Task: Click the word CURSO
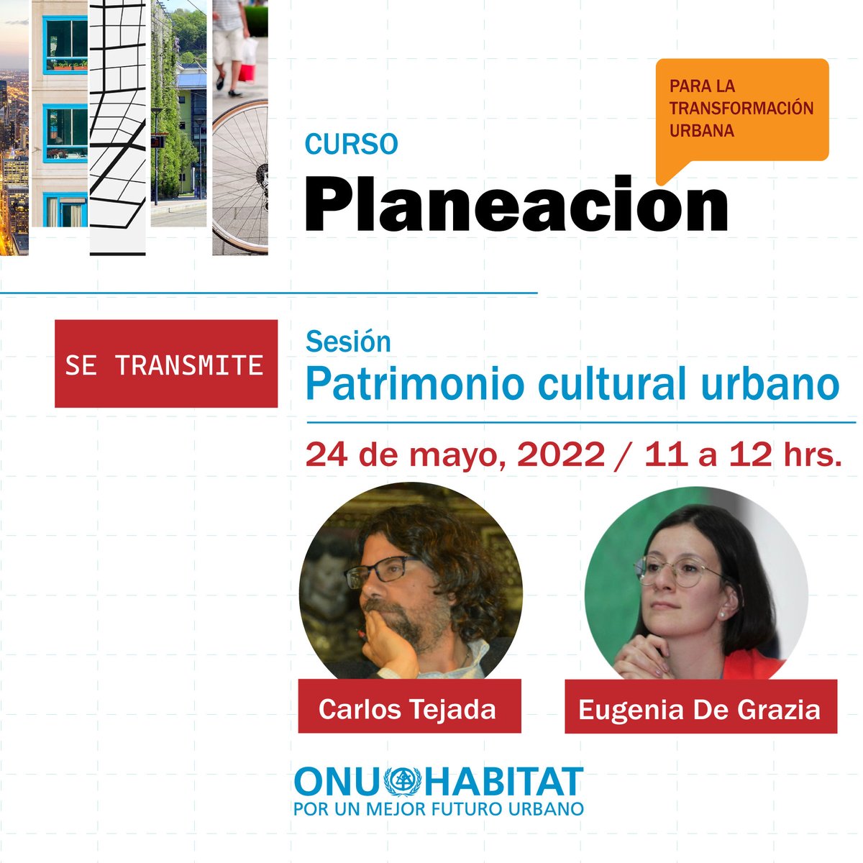351,144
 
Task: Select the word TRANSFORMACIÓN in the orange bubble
741,109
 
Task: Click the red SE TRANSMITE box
166,364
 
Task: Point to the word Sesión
348,342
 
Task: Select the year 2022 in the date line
560,455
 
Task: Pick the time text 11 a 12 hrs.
742,455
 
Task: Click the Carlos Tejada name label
408,708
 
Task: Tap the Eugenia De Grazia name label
700,709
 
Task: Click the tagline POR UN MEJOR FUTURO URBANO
438,808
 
